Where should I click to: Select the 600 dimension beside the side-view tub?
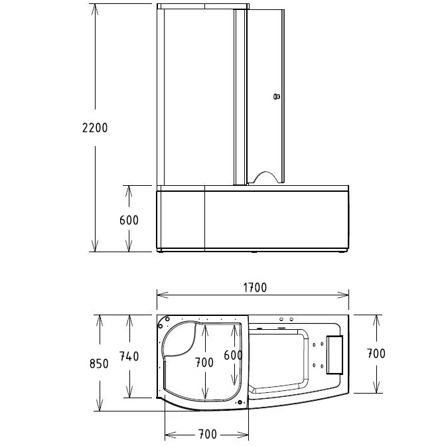[129, 220]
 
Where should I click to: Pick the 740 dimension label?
[128, 356]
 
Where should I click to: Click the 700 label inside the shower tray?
[204, 362]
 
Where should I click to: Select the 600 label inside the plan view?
[232, 355]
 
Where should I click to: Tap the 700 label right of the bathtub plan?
[376, 354]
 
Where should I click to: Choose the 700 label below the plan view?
[207, 434]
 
